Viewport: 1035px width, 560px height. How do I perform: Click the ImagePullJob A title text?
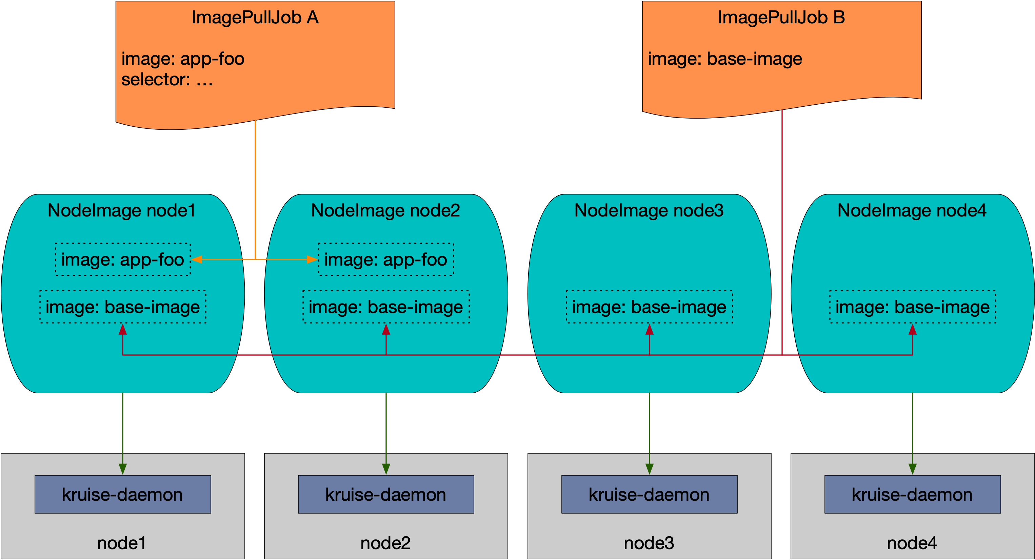tap(255, 18)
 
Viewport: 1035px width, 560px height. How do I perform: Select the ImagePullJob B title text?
tap(781, 18)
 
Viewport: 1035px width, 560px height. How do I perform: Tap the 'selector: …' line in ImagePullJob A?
tap(167, 80)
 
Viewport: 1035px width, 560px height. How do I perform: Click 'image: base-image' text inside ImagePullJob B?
tap(725, 59)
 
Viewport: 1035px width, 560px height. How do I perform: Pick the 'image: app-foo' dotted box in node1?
tap(122, 259)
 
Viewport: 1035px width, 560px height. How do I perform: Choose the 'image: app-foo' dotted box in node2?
tap(386, 259)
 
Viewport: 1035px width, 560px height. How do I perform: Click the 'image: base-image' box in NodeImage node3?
tap(649, 307)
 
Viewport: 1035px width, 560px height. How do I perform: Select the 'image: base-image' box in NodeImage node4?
tap(913, 307)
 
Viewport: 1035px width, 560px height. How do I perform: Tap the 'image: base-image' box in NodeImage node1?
tap(122, 307)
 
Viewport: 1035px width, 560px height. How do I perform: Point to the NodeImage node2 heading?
tap(385, 210)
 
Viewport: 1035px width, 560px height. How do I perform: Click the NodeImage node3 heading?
tap(649, 210)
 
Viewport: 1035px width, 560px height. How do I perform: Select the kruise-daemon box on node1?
tap(122, 494)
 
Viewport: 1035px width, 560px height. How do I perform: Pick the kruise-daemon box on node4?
tap(913, 494)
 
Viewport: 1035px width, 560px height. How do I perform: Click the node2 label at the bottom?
tap(385, 543)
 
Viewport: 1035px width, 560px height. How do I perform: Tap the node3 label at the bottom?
tap(649, 543)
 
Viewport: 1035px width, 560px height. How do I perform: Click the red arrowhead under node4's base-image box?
tap(913, 330)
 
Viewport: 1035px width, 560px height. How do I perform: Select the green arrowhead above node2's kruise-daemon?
tap(386, 469)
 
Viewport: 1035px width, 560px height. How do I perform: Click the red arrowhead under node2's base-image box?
tap(386, 330)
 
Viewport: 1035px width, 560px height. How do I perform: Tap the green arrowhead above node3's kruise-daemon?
tap(649, 469)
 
